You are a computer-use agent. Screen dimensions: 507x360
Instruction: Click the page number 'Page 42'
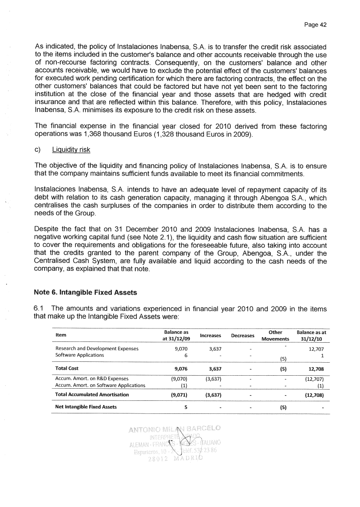314,25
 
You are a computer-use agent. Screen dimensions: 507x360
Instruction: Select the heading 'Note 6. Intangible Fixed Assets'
85,292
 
